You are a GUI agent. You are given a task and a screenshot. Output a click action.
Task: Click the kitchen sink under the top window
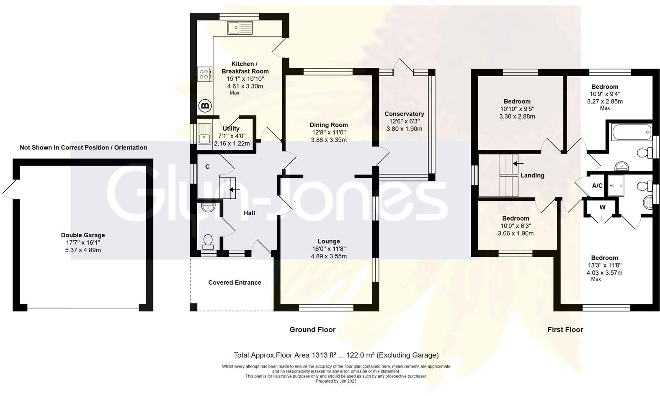tap(240, 28)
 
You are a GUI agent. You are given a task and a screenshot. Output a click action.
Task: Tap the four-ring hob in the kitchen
tap(204, 74)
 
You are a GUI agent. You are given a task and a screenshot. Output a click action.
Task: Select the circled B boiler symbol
tap(205, 106)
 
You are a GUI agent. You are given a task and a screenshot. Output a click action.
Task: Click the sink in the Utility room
tap(204, 134)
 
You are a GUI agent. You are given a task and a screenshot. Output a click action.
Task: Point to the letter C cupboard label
tap(207, 167)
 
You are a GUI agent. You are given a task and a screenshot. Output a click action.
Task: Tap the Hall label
tap(249, 213)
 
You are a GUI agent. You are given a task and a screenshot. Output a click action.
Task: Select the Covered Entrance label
tap(235, 283)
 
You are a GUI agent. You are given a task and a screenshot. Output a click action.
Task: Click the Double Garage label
tap(83, 235)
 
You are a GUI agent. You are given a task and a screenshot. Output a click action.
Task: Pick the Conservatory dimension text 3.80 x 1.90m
tap(404, 129)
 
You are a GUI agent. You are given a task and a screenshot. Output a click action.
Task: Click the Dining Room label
tap(328, 125)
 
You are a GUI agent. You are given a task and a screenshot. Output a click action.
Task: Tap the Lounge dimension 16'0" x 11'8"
tap(329, 249)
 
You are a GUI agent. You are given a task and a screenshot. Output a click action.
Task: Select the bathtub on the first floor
tap(632, 132)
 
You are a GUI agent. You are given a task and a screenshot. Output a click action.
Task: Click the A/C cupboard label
tap(597, 185)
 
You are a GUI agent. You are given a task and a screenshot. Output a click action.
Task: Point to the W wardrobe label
tap(602, 207)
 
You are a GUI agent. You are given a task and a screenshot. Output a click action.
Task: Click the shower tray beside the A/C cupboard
tap(616, 186)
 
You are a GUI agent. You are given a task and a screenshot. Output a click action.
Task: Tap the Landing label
tap(532, 175)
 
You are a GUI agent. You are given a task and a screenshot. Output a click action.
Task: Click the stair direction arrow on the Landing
tap(518, 163)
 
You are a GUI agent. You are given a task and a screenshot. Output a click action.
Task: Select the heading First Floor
tap(565, 329)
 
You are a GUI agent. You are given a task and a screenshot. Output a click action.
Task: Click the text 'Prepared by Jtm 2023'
tap(336, 381)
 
